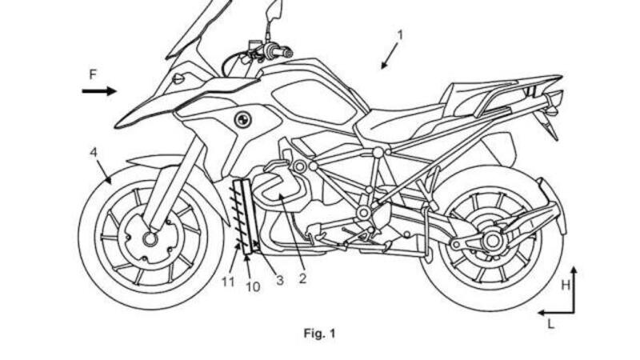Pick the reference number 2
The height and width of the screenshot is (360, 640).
pyautogui.click(x=302, y=279)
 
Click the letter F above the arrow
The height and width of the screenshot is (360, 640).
pyautogui.click(x=93, y=74)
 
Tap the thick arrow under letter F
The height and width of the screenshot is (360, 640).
pyautogui.click(x=99, y=91)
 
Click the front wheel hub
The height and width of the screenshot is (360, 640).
pyautogui.click(x=150, y=238)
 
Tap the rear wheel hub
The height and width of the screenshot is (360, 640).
pyautogui.click(x=492, y=239)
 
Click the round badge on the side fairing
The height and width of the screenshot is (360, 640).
pyautogui.click(x=238, y=119)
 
